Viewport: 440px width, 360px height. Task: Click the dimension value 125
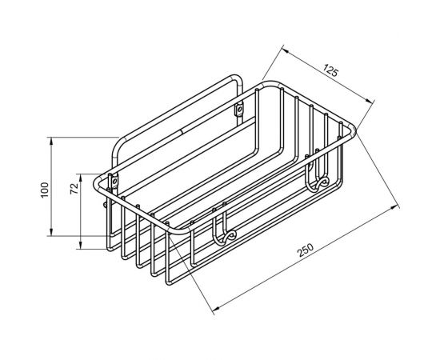point(331,70)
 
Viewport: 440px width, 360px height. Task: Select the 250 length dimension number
point(306,250)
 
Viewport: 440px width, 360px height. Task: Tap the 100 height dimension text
point(45,190)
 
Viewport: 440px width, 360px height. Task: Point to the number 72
point(74,188)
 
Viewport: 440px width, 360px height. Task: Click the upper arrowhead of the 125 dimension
point(286,50)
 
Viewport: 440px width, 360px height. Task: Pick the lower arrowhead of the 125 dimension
point(370,101)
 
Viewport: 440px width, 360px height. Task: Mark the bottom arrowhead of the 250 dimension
point(216,308)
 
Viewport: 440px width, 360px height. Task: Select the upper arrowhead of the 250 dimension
point(395,207)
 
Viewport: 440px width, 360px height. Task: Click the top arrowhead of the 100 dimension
point(51,141)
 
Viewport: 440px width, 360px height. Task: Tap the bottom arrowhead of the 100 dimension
point(51,232)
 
